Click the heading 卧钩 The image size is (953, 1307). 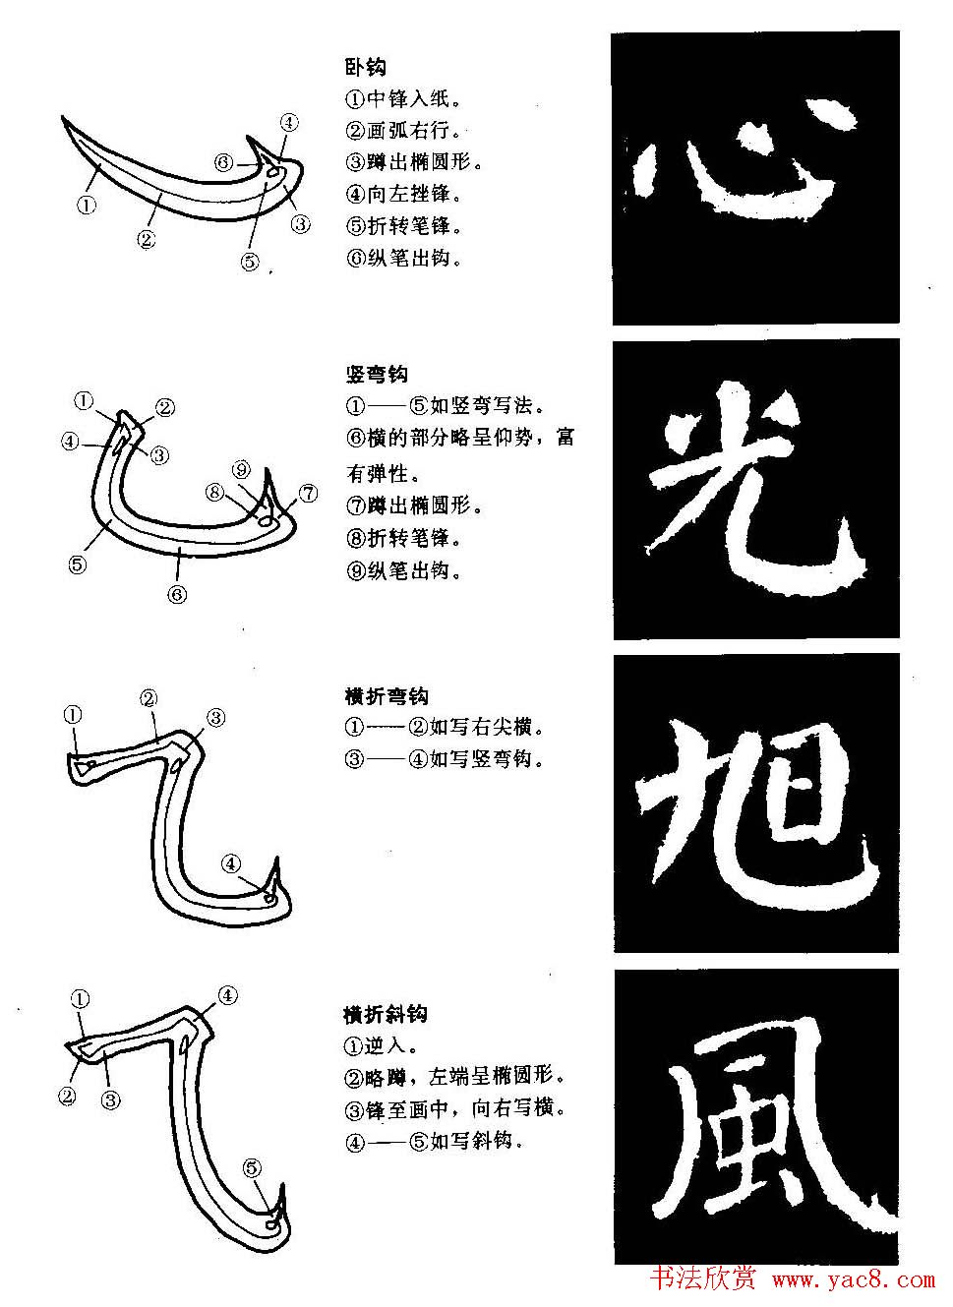click(365, 67)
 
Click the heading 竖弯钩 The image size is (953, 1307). click(376, 374)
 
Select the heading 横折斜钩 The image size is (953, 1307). click(386, 1014)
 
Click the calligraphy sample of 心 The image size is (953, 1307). click(755, 177)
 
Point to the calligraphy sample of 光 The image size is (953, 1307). click(755, 489)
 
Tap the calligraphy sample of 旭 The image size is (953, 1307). click(755, 803)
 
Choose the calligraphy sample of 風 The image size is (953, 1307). click(755, 1117)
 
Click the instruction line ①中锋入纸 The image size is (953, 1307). click(404, 99)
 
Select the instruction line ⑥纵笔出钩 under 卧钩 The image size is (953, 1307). click(404, 259)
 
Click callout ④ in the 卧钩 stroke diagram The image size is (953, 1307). click(289, 123)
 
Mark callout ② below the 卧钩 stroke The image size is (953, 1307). click(147, 238)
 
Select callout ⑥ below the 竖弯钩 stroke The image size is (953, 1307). click(177, 594)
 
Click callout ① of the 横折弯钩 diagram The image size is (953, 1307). click(73, 715)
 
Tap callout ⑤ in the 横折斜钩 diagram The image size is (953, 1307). click(253, 1168)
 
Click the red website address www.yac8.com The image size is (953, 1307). click(854, 1279)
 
